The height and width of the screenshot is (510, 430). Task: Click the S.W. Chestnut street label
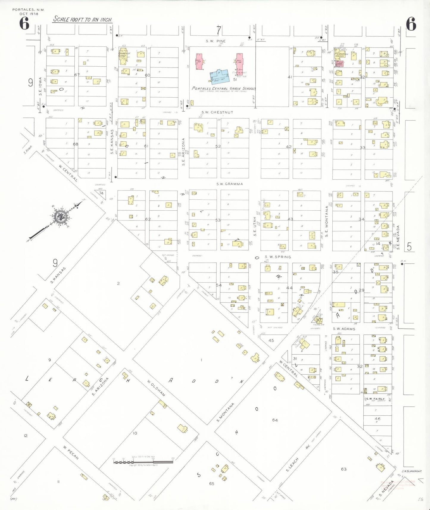(x=217, y=112)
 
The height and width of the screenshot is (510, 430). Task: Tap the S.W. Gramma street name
(x=229, y=184)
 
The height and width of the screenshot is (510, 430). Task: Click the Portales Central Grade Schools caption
(x=223, y=88)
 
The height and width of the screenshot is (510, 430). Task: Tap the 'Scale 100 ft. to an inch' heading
(x=83, y=20)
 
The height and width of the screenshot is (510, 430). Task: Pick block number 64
(x=275, y=420)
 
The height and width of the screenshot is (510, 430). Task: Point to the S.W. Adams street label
(x=344, y=329)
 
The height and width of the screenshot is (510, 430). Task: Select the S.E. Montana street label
(x=326, y=221)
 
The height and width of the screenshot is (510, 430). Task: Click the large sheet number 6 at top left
(x=24, y=24)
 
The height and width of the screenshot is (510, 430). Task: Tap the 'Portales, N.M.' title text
(x=28, y=10)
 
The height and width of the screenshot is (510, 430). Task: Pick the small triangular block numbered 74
(x=101, y=193)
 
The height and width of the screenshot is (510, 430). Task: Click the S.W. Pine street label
(x=216, y=41)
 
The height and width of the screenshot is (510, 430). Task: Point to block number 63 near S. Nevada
(x=344, y=469)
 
